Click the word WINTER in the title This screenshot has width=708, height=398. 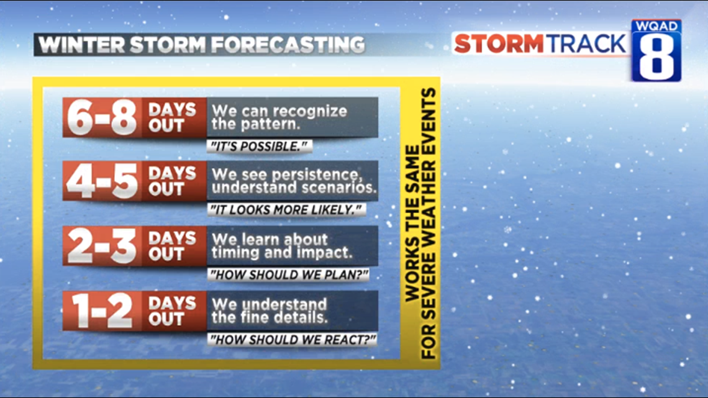[81, 45]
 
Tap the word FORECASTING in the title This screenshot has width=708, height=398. [288, 45]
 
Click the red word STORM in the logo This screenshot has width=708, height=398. [499, 44]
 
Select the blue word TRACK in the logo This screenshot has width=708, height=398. [586, 44]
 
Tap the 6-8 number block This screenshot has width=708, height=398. [102, 117]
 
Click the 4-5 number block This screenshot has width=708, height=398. [102, 181]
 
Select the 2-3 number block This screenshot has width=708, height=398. [102, 246]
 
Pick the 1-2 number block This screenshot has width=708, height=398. [102, 311]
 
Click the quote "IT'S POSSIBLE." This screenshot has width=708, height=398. [259, 146]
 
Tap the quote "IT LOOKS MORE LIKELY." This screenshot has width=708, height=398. [286, 210]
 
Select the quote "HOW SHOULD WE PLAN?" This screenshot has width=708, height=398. [289, 275]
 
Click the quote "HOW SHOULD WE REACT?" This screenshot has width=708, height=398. [292, 340]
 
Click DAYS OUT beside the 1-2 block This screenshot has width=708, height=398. [172, 311]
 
